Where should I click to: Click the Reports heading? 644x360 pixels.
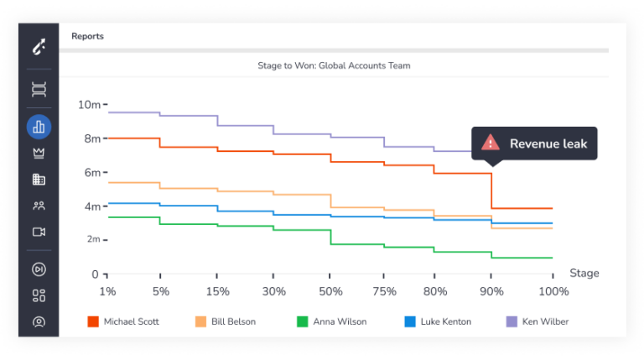pos(87,36)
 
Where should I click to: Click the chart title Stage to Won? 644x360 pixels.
pos(334,65)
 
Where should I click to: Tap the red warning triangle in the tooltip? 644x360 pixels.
pos(491,143)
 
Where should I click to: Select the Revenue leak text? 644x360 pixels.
pos(548,143)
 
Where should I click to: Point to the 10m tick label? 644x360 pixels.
pos(89,105)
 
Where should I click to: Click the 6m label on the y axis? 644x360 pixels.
pos(92,172)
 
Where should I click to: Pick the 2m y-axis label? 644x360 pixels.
pos(93,239)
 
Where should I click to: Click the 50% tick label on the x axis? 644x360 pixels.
pos(330,291)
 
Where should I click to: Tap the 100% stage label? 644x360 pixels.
pos(553,291)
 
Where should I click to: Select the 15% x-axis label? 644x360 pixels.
pos(218,291)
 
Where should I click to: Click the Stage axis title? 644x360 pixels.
pos(584,274)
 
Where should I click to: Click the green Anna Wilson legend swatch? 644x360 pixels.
pos(302,321)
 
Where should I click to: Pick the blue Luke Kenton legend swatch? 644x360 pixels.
pos(410,321)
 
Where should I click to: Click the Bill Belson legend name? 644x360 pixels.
pos(233,321)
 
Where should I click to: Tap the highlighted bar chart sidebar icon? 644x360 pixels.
pos(39,127)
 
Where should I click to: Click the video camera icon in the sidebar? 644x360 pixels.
pos(39,232)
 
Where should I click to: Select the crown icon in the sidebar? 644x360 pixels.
pos(39,154)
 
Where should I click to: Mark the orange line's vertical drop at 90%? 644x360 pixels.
pos(491,191)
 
